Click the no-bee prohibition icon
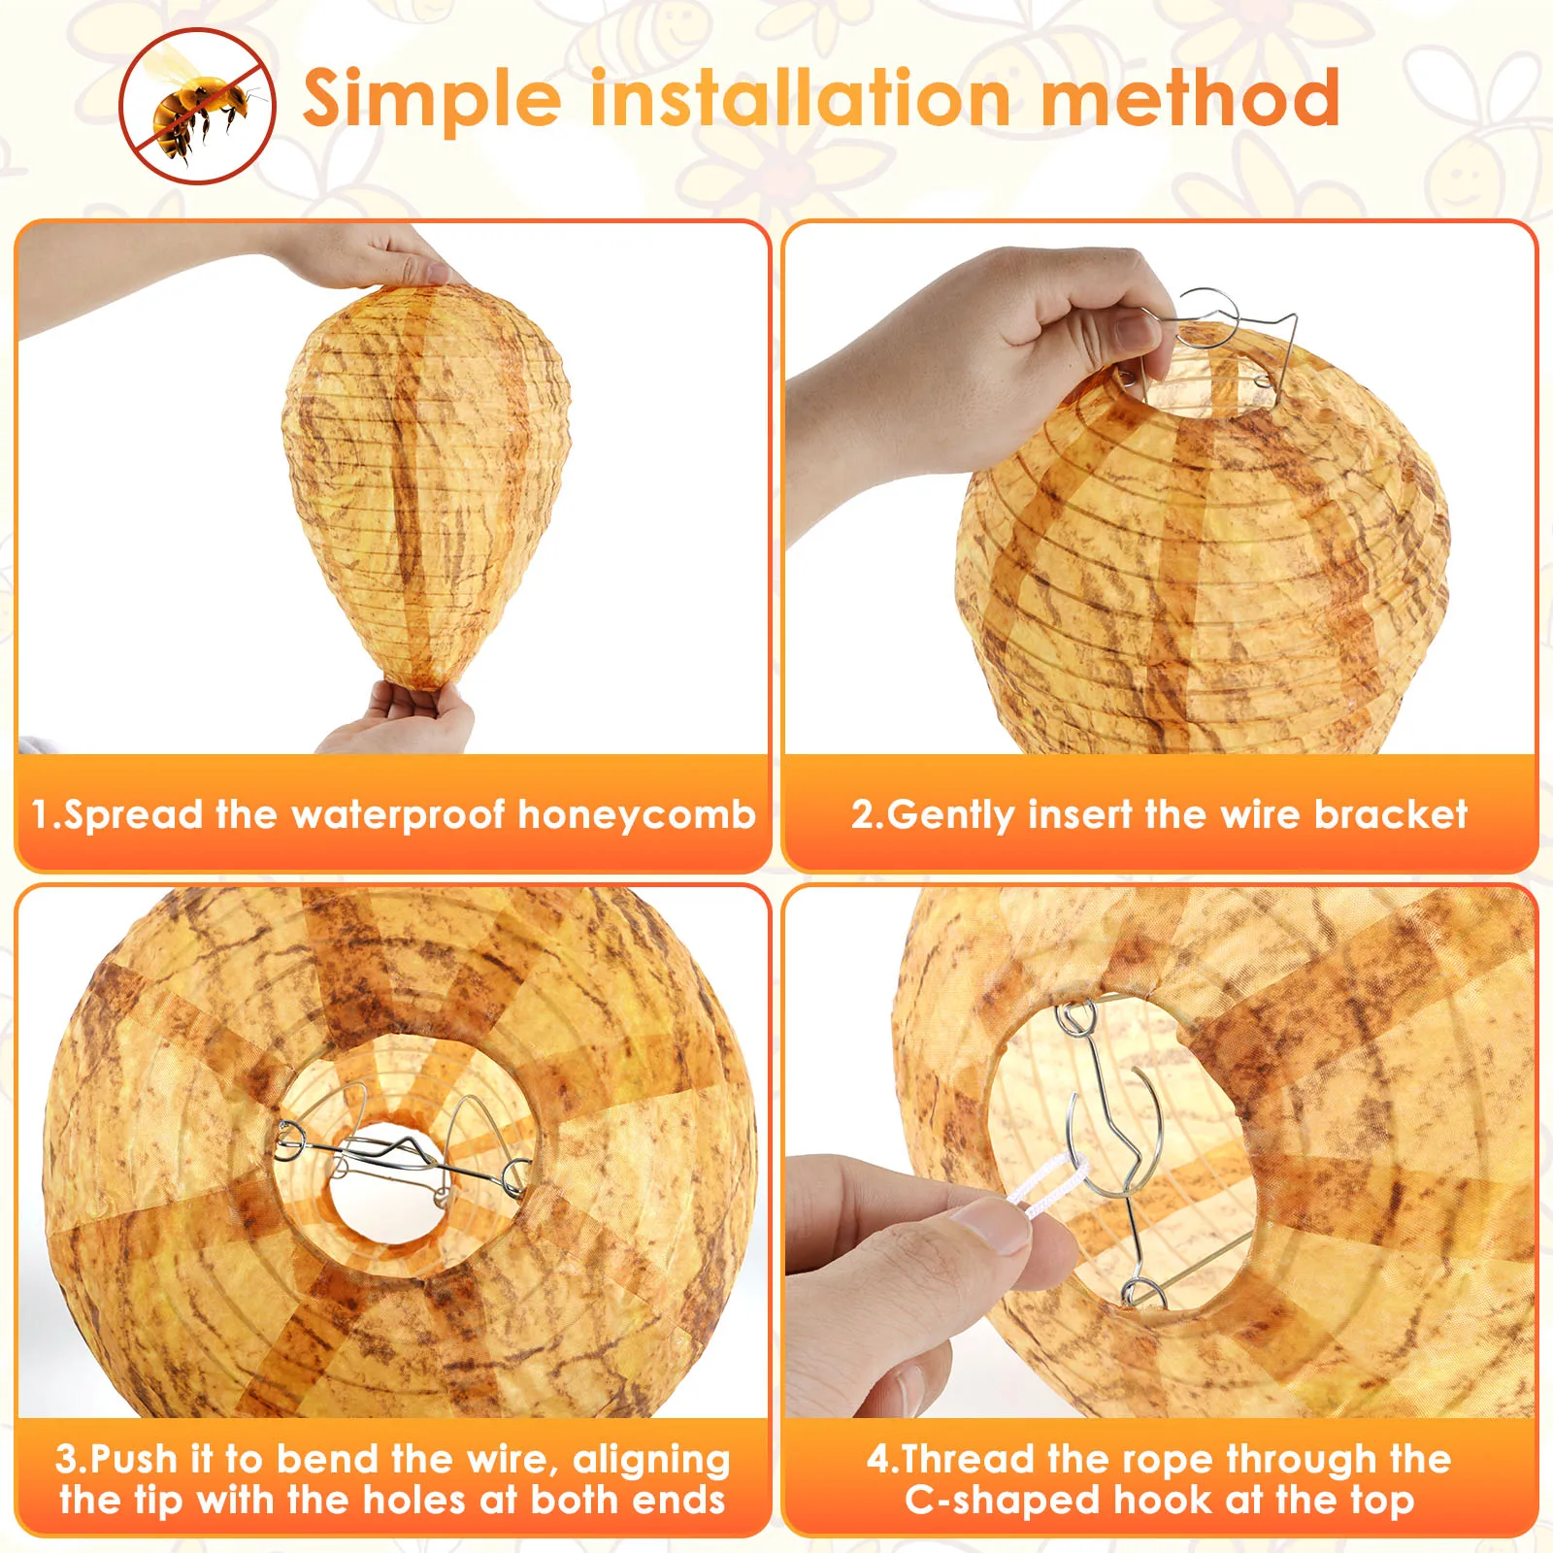click(197, 105)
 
